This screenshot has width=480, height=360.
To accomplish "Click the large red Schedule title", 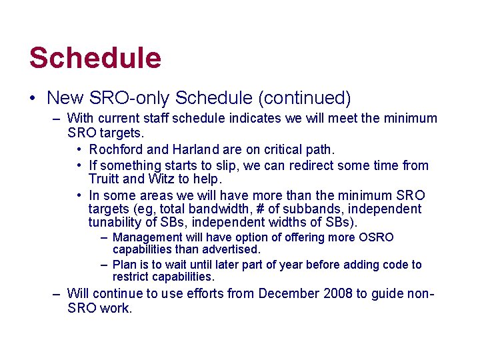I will point(95,58).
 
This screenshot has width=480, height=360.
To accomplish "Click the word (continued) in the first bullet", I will point(305,98).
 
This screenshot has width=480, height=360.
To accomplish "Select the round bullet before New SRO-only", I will point(33,99).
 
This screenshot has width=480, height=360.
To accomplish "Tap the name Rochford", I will point(115,149).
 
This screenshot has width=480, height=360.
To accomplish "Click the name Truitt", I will point(104,179).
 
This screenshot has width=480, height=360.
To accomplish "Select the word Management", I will point(148,237).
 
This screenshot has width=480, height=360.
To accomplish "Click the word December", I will point(289,293).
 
